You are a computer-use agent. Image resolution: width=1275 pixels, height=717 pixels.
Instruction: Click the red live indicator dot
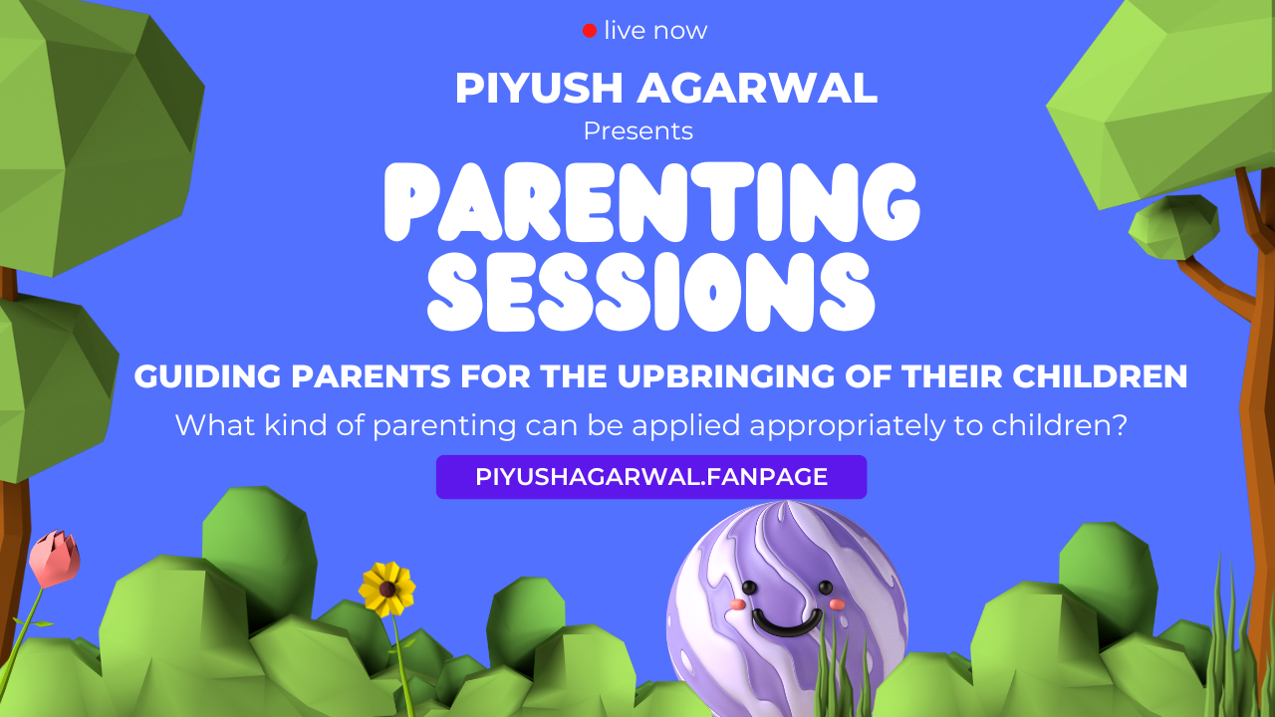click(590, 31)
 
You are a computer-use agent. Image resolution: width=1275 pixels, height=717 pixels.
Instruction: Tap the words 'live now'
click(655, 31)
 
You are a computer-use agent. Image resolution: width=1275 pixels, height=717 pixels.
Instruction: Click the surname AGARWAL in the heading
click(756, 89)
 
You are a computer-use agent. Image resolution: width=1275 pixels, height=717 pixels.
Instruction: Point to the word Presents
click(637, 131)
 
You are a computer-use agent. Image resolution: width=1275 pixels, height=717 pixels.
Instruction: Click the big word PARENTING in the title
click(651, 205)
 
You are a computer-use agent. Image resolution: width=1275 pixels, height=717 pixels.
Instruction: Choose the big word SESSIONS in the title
click(651, 293)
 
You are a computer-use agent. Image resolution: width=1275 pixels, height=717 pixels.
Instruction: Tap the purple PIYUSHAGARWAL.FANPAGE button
click(651, 477)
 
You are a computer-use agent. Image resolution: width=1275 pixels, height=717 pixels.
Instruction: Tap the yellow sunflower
click(386, 589)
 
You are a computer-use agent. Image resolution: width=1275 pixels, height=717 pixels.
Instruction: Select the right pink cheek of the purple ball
click(835, 603)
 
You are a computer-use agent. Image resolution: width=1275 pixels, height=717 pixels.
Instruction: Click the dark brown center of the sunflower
click(386, 589)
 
